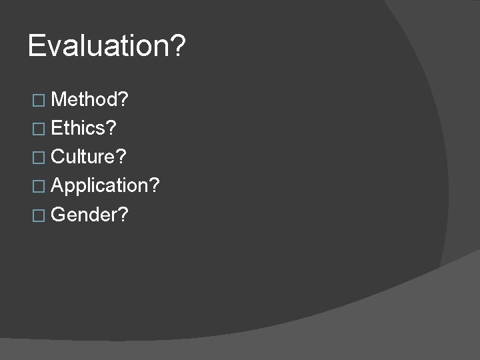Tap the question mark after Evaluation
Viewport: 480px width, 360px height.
tap(179, 47)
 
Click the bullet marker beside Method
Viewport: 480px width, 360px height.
tap(39, 101)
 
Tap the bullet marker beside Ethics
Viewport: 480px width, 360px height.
tap(39, 129)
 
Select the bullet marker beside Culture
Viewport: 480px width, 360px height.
tap(39, 158)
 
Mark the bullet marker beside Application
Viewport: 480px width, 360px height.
tap(39, 187)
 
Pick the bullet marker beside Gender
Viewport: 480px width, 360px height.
tap(39, 215)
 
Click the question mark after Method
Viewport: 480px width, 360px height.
tap(124, 100)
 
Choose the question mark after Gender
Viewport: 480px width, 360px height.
tap(123, 215)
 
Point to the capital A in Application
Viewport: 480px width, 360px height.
tap(58, 186)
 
